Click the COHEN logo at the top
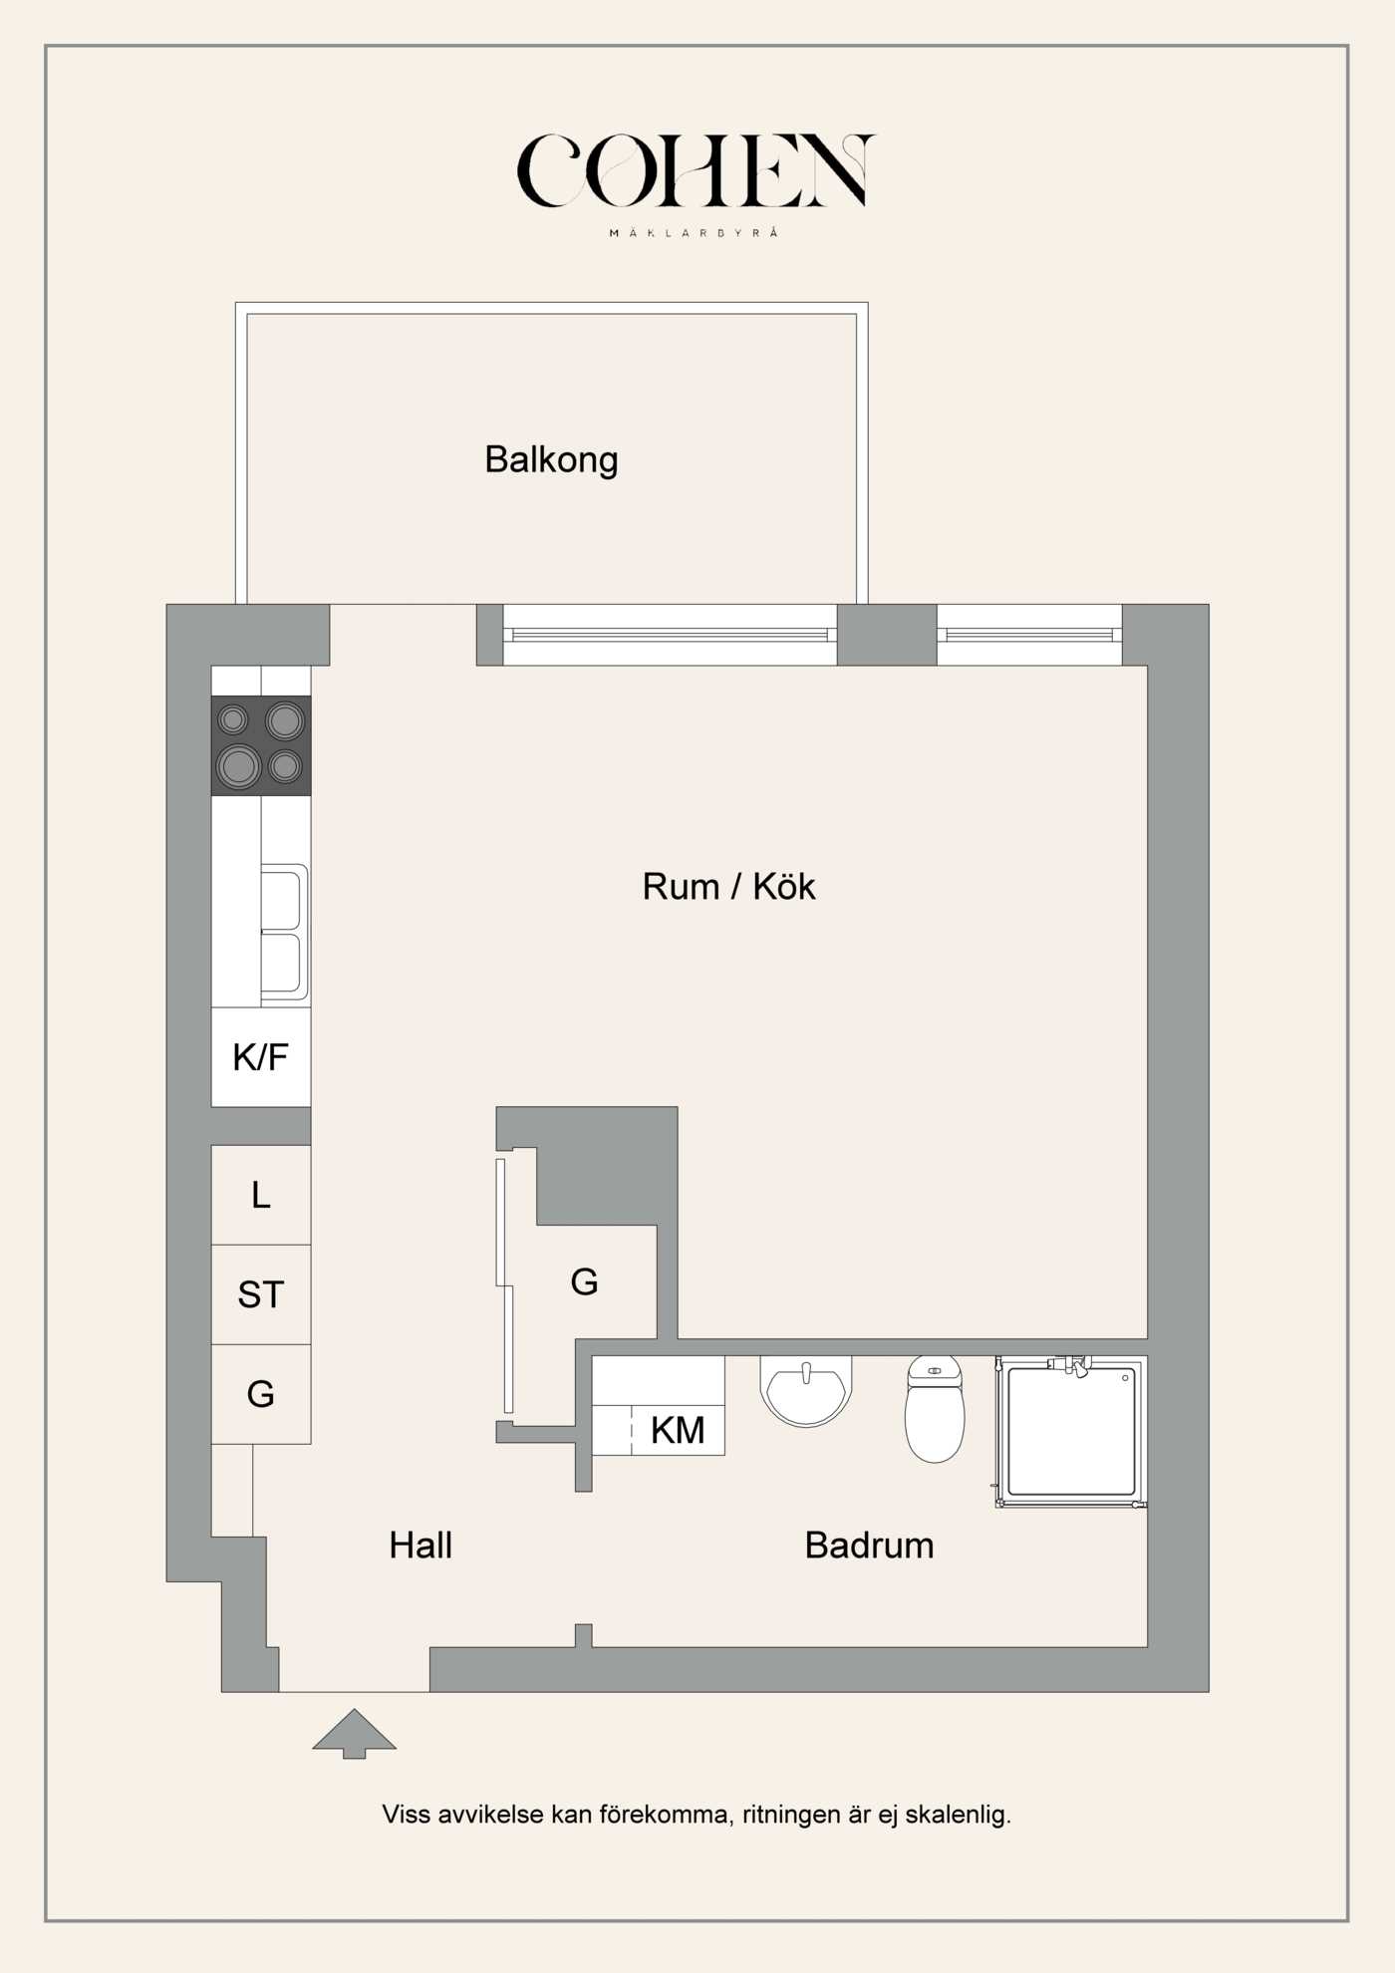coord(696,171)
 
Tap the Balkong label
coord(551,459)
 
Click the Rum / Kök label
coord(728,886)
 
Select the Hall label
coord(420,1545)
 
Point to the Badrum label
coord(869,1545)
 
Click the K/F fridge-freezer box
coord(261,1056)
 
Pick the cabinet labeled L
coord(261,1194)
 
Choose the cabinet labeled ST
coord(261,1293)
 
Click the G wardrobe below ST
coord(261,1393)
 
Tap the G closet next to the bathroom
coord(584,1281)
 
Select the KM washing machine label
coord(678,1430)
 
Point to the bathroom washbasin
coord(806,1389)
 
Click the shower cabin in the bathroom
coord(1071,1431)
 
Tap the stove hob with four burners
coord(261,744)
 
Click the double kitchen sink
coord(284,933)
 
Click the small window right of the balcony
coord(1029,635)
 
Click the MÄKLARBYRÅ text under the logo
coord(695,233)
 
